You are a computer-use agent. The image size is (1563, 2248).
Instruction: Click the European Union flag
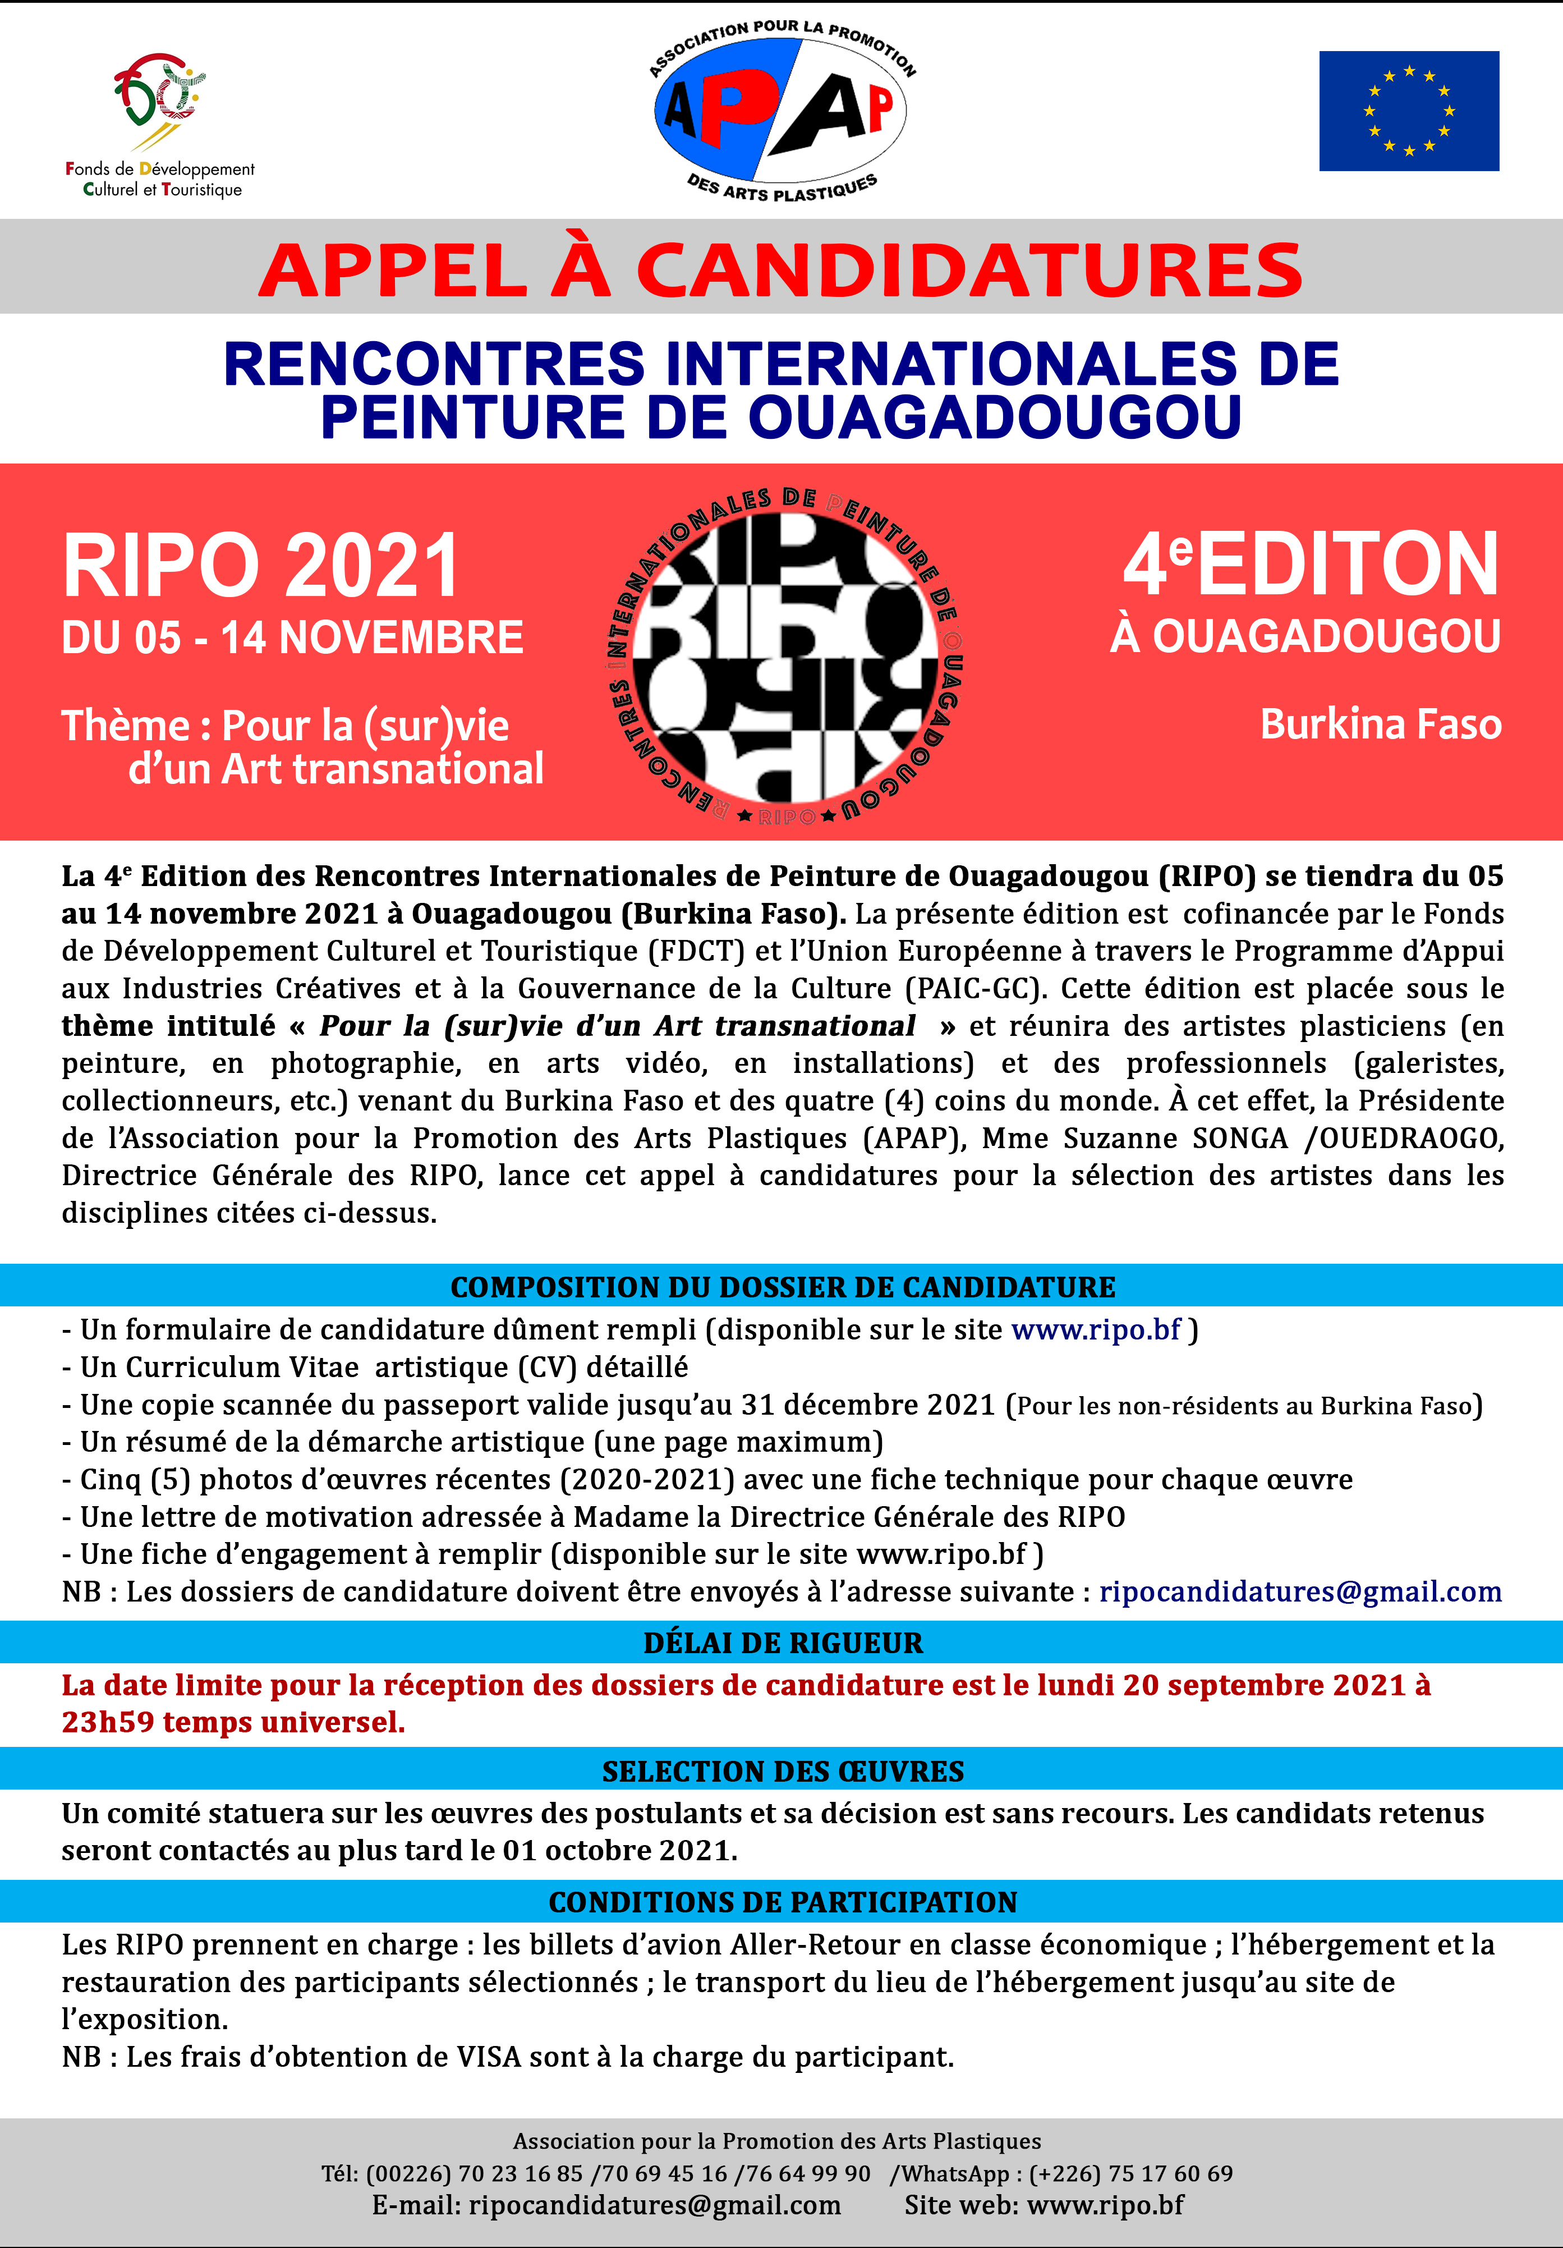[x=1408, y=111]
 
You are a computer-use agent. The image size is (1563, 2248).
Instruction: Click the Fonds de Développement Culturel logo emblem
[x=159, y=98]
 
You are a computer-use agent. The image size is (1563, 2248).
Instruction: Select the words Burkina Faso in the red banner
[x=1380, y=724]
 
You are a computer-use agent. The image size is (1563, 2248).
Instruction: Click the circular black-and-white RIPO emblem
[x=783, y=654]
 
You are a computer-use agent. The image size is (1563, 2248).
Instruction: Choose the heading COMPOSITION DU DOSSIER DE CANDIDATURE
[x=782, y=1287]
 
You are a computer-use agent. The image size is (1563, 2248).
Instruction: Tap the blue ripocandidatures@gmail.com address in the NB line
[x=1300, y=1591]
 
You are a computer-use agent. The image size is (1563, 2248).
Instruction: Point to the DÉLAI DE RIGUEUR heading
[x=782, y=1642]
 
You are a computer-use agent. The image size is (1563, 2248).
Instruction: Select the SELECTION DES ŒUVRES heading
[x=782, y=1771]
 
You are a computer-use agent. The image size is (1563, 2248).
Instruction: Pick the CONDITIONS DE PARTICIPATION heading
[x=782, y=1901]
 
